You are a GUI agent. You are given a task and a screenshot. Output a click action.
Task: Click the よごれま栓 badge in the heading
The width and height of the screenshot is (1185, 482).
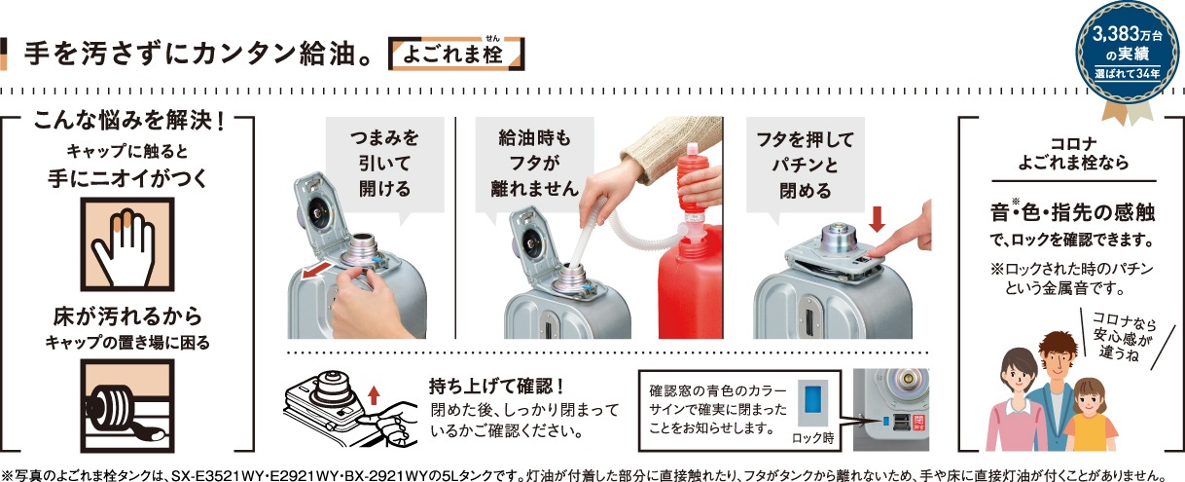tap(456, 54)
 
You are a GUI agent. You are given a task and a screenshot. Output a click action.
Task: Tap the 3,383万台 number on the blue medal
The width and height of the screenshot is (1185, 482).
tap(1127, 35)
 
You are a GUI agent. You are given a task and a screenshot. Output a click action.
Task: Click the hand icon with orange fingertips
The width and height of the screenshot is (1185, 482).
tap(127, 244)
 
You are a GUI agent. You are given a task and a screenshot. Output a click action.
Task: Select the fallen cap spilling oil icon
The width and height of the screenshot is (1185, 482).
tap(127, 406)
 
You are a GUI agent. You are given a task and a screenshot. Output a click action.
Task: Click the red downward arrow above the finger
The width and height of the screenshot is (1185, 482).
tap(877, 219)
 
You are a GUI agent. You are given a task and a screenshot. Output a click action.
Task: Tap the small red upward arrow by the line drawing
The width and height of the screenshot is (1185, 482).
tap(374, 395)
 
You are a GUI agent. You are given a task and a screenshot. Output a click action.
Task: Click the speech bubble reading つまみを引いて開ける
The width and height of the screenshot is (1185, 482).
tap(384, 166)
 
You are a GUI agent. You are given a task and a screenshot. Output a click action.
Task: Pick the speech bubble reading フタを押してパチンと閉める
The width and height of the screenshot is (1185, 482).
tap(806, 167)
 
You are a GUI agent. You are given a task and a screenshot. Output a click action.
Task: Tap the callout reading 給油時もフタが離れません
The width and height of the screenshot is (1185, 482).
tap(534, 166)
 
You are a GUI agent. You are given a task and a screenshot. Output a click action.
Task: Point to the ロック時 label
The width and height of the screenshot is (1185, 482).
tap(812, 438)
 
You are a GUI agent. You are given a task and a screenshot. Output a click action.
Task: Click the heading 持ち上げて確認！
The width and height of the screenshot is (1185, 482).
tap(496, 387)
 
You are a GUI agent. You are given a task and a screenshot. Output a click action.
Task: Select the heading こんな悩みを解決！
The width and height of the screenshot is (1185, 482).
tap(128, 121)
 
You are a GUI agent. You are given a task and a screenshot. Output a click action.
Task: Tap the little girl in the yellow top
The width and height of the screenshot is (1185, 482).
tap(1090, 415)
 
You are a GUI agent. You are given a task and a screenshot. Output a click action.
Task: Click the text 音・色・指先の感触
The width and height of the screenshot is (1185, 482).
tap(1072, 212)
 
